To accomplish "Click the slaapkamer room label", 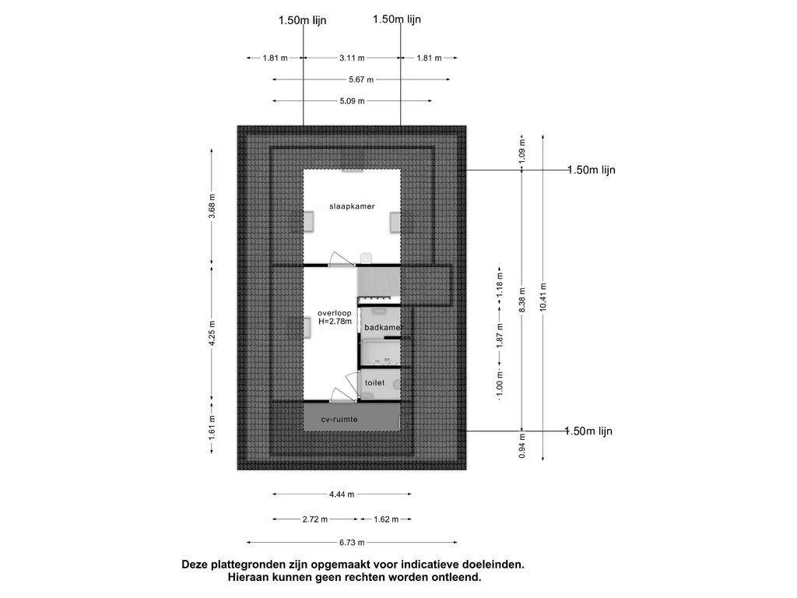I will (x=352, y=206).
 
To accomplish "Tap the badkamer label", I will (x=381, y=328).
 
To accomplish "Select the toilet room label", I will (x=375, y=383).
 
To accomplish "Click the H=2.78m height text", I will (x=335, y=321).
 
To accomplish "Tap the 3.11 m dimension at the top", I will (x=352, y=58).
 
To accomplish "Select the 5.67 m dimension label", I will (x=360, y=79).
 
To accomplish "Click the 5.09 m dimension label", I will (x=352, y=101).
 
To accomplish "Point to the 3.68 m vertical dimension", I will (x=212, y=210).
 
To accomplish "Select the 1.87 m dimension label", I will (x=500, y=335).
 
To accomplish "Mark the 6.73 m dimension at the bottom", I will (x=351, y=543).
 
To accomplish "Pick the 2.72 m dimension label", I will (x=314, y=519).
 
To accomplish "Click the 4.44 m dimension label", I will (x=342, y=494).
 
